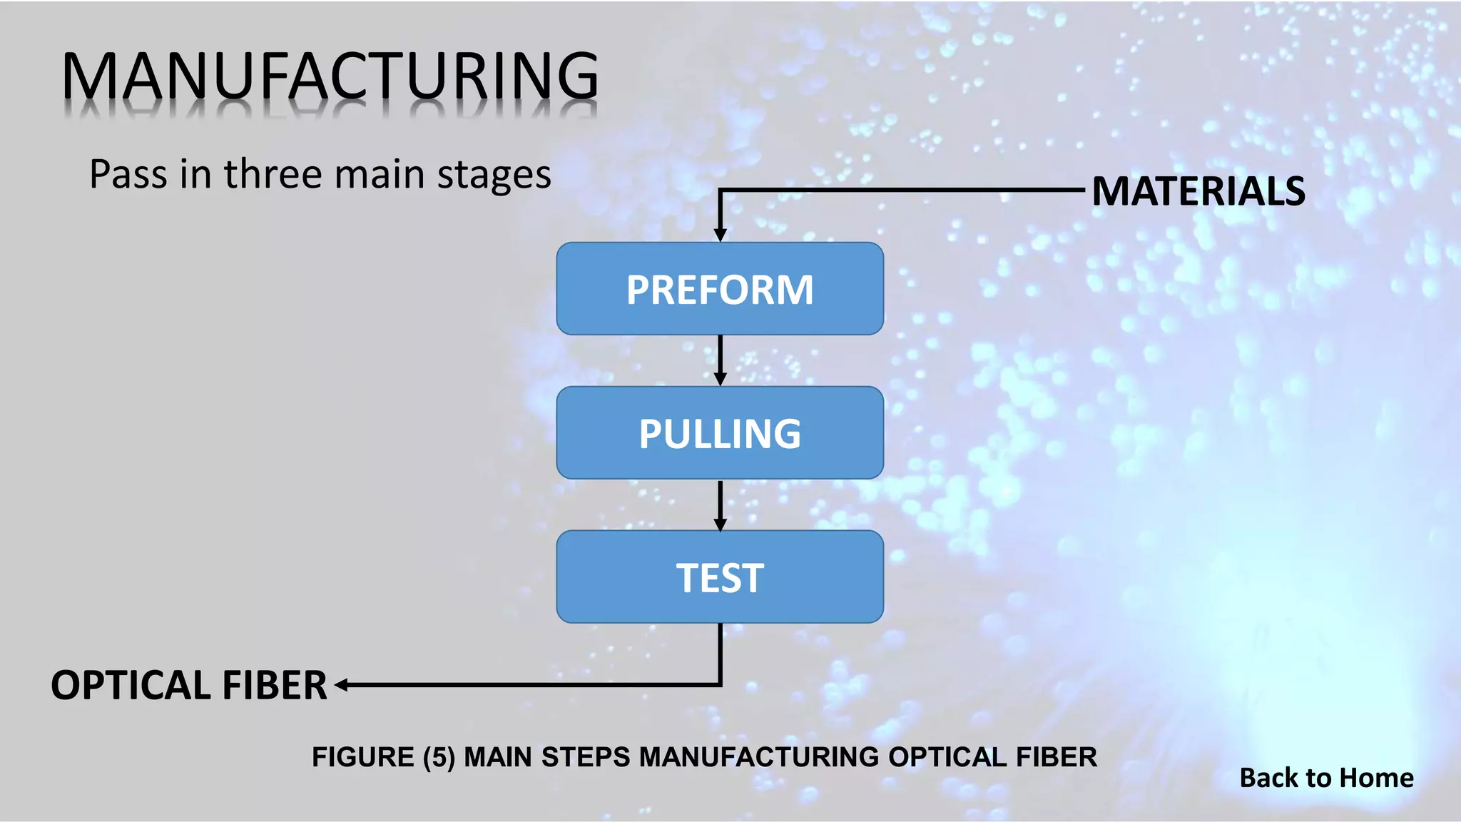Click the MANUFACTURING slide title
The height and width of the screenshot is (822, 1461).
pos(330,76)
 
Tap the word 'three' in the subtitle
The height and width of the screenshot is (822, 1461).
pos(272,174)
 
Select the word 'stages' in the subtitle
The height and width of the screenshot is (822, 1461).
pos(494,176)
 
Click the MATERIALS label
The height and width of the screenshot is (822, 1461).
pos(1198,191)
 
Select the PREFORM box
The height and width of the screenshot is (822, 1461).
pos(720,289)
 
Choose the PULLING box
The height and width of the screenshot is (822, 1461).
pos(720,433)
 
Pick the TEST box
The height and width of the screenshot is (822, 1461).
pos(720,577)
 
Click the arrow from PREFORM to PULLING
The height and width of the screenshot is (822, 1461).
pos(720,360)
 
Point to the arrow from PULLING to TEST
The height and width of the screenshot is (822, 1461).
pos(720,504)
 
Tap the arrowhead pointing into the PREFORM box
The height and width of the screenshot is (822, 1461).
pos(720,235)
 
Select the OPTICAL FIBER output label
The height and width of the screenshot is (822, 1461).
pos(189,685)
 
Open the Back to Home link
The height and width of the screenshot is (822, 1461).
pos(1326,778)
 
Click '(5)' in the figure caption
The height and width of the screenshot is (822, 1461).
pos(439,757)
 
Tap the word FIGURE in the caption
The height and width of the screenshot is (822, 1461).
pos(362,757)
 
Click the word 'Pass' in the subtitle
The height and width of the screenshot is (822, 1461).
pos(128,174)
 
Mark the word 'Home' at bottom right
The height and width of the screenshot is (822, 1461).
pos(1377,778)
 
